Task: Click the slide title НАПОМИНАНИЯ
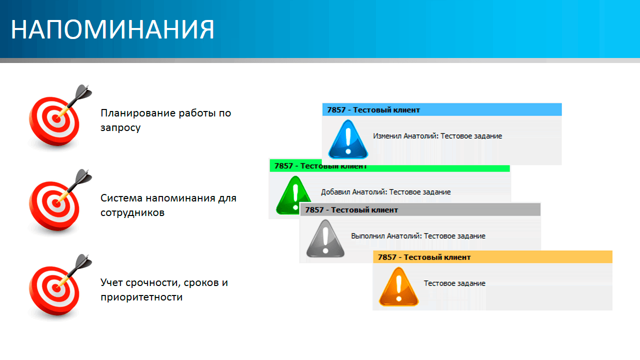pos(112,29)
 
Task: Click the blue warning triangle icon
pos(348,139)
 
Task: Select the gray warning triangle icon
pos(325,238)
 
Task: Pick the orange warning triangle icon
pos(399,286)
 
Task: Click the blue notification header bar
pos(442,109)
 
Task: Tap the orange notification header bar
pos(492,257)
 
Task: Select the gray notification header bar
pos(420,209)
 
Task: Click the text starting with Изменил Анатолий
pos(437,136)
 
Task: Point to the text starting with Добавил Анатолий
pos(385,192)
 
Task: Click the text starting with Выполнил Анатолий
pos(418,236)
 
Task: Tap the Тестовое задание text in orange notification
pos(454,283)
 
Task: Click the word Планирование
pos(138,113)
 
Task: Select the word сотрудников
pos(132,212)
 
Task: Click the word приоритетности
pos(141,297)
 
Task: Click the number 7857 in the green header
pos(283,166)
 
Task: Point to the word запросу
pos(120,127)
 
